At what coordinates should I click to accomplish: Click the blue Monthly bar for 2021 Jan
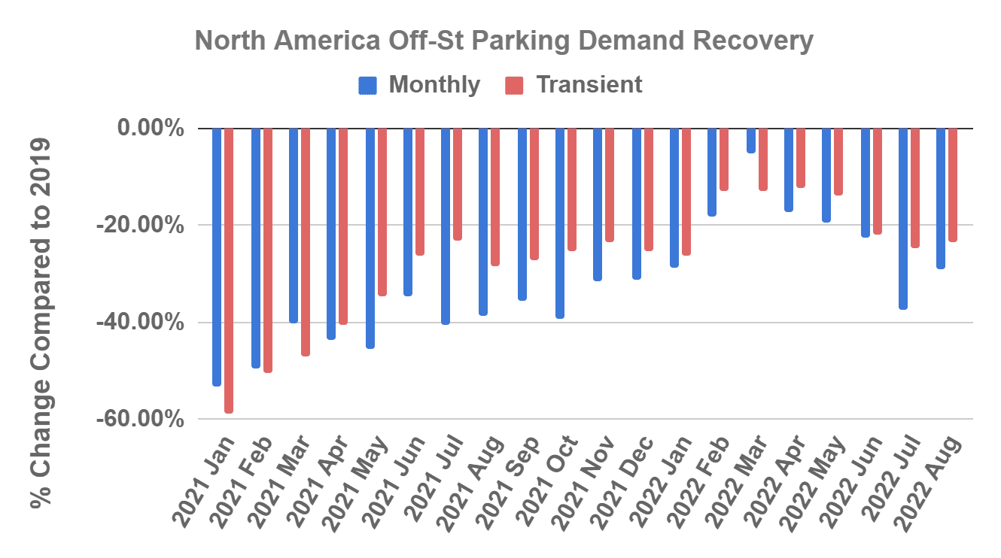pos(217,256)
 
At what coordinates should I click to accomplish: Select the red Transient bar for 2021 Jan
pos(229,271)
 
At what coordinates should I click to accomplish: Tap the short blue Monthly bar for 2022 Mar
pos(750,141)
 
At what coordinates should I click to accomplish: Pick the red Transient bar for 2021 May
pos(382,211)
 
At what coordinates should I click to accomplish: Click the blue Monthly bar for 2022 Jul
pos(902,218)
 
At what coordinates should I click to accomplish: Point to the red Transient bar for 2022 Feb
pos(724,159)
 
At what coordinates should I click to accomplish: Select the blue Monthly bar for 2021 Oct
pos(560,223)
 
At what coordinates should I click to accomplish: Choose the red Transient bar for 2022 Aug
pos(953,185)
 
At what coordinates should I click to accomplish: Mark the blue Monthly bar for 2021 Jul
pos(446,226)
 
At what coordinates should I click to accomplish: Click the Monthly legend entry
pos(419,85)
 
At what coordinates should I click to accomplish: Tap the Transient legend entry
pos(573,85)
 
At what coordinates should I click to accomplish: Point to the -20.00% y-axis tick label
pos(141,225)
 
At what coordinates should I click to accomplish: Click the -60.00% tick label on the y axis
pos(141,419)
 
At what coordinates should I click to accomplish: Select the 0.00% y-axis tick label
pos(151,129)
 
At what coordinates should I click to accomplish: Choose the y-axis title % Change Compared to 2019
pos(44,323)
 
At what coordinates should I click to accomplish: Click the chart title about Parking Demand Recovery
pos(504,41)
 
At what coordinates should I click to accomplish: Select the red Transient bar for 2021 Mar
pos(306,241)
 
